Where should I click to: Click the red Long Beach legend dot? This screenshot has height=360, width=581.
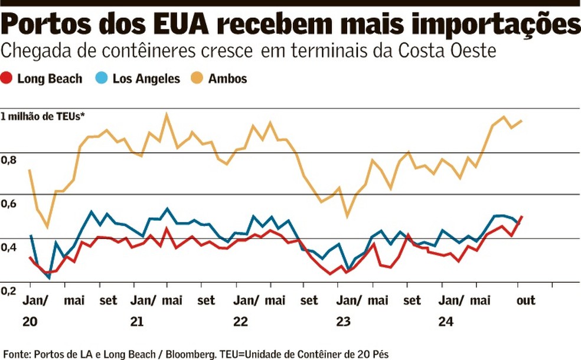point(7,78)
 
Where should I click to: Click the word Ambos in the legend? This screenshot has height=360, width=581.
point(227,78)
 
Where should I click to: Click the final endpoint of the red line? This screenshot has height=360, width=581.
point(522,217)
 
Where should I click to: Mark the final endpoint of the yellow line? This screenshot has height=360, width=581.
point(522,120)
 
